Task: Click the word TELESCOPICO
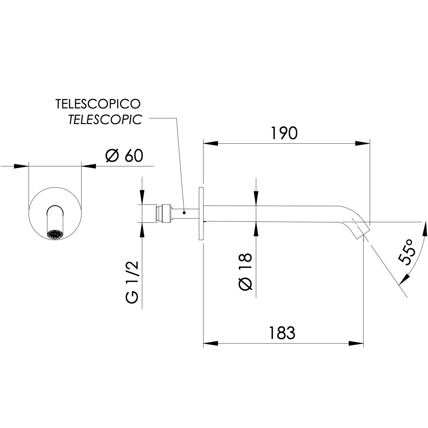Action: tap(98, 104)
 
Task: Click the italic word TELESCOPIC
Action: tap(105, 119)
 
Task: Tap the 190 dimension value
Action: tap(284, 133)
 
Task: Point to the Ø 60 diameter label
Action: tap(124, 156)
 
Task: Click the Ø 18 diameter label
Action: tap(246, 272)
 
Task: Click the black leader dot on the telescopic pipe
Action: tap(184, 213)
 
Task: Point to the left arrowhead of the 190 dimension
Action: tap(211, 144)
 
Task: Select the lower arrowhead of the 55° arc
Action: tap(403, 279)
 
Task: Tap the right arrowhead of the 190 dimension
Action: tap(363, 144)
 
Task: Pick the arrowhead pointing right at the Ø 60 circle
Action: tap(22, 166)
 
